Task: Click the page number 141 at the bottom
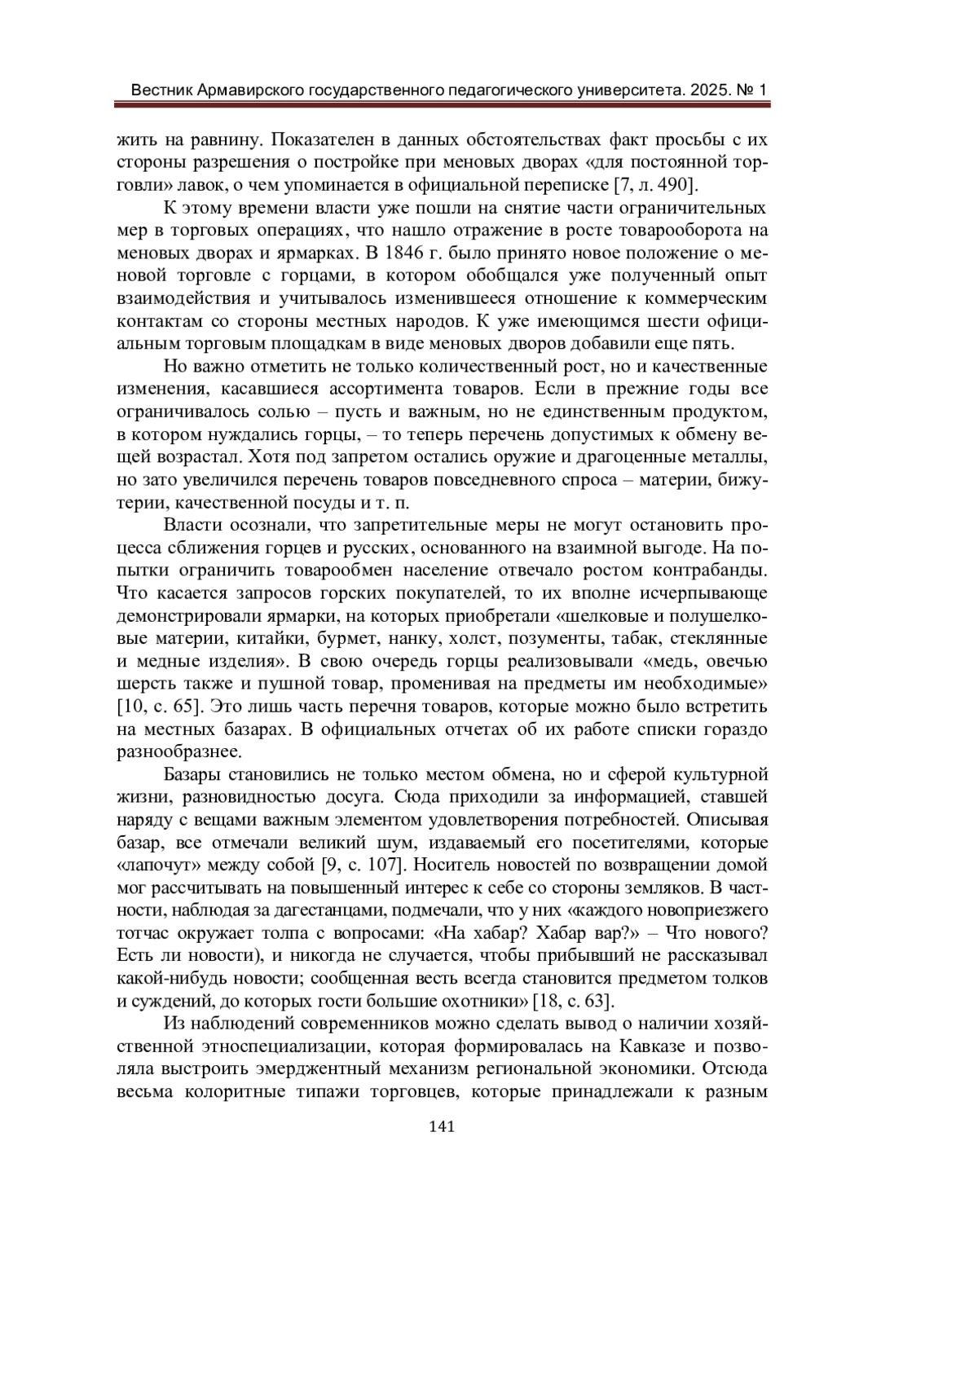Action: tap(440, 1127)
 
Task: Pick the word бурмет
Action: tap(320, 637)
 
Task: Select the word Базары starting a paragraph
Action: tap(197, 773)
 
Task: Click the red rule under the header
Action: tap(440, 105)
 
